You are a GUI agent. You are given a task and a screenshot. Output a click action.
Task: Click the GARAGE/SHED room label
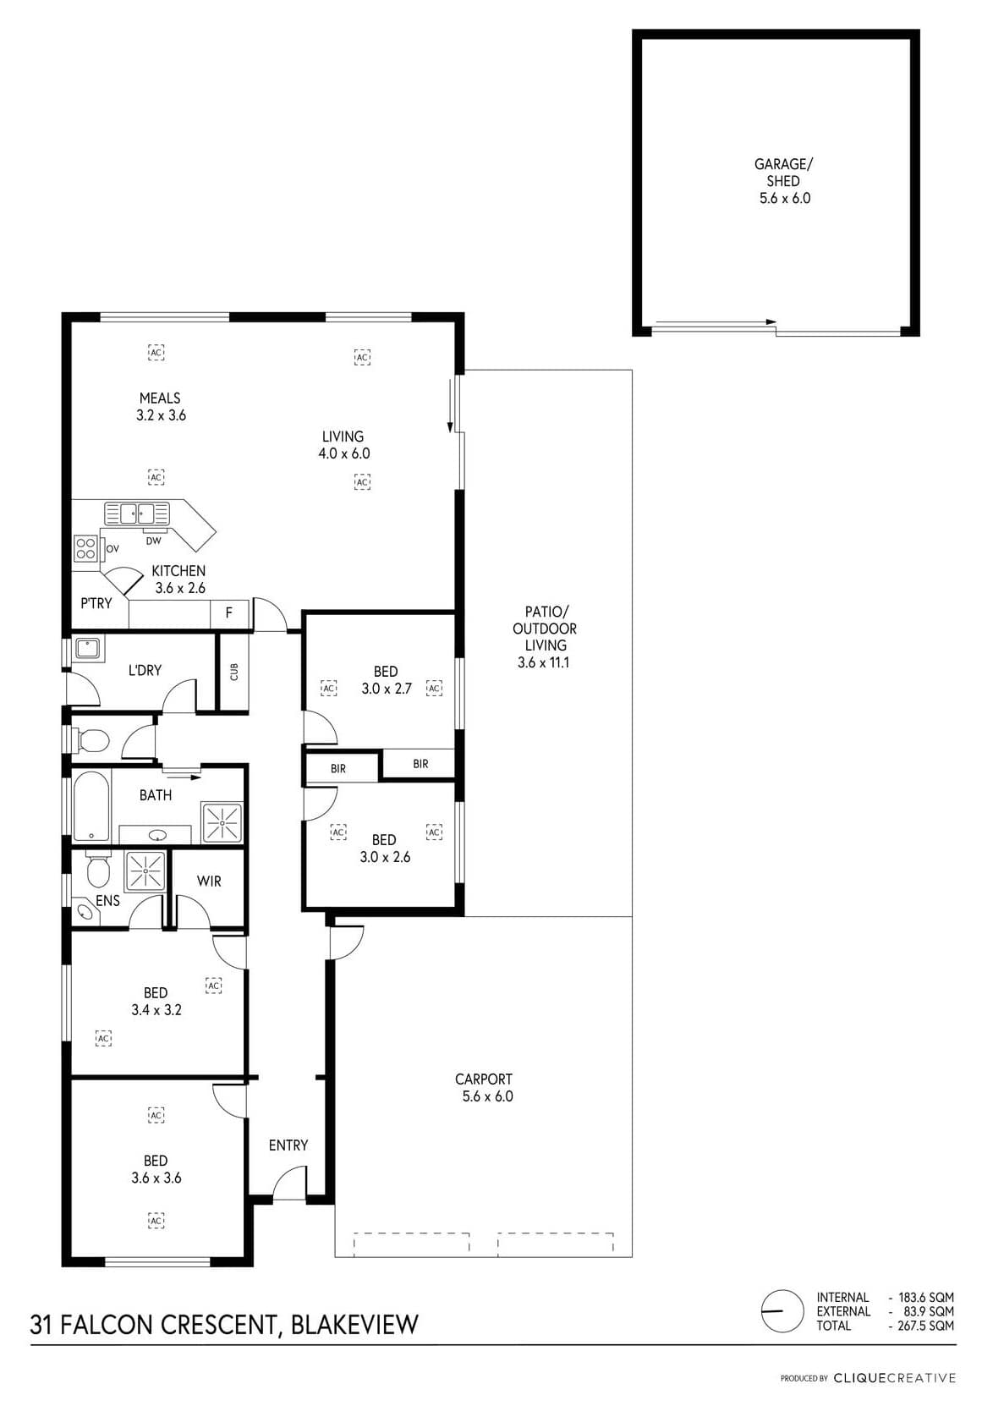coord(783,181)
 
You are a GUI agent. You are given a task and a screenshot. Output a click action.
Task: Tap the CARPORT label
coord(483,1079)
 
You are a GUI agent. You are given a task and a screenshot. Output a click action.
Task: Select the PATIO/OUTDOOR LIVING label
coord(544,636)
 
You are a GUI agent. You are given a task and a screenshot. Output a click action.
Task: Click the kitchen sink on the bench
coord(137,514)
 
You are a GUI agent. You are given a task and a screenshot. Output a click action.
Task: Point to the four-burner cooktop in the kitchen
coord(85,547)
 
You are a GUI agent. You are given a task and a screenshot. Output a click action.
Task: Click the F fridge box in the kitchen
coord(229,612)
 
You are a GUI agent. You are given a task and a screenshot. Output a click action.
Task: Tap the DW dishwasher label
coord(153,541)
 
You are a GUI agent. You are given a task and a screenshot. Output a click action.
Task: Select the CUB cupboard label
coord(234,672)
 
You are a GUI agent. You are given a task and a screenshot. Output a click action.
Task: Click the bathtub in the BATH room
coord(91,806)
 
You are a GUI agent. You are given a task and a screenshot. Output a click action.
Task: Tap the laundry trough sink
coord(89,647)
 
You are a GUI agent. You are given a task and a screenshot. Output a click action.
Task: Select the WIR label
coord(209,881)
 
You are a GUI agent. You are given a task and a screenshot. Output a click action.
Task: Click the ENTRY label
coord(288,1145)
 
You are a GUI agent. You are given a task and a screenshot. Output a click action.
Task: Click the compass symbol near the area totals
coord(782,1311)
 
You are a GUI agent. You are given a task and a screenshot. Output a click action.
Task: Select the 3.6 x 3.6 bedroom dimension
coord(156,1178)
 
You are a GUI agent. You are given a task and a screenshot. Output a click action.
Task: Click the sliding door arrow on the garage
coord(716,322)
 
